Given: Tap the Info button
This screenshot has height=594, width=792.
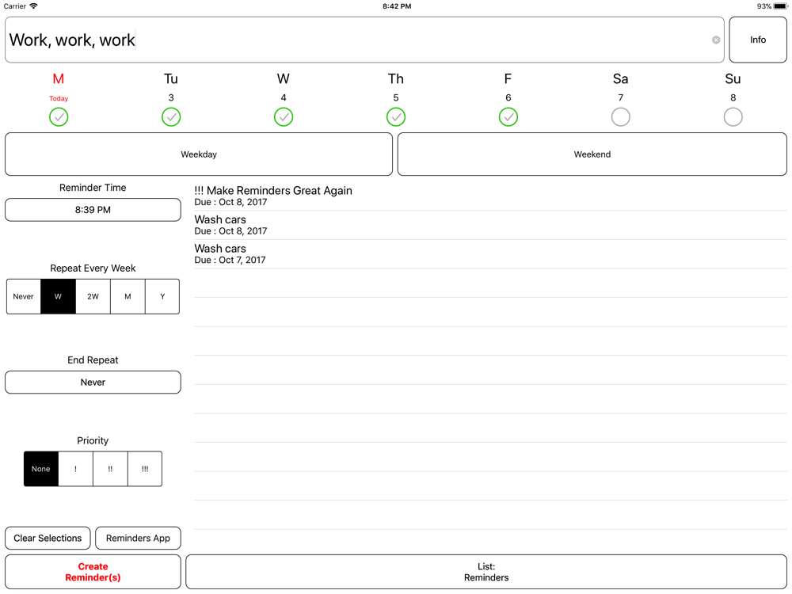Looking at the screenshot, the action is click(x=758, y=40).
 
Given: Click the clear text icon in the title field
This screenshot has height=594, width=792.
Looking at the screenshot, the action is click(x=716, y=40).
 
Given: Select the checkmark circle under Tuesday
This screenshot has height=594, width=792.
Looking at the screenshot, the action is click(x=171, y=117).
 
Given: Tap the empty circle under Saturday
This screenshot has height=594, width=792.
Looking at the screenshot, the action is click(x=621, y=117).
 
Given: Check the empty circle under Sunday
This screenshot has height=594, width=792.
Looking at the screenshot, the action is click(x=733, y=117).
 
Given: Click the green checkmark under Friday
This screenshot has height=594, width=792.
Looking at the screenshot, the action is click(x=508, y=117).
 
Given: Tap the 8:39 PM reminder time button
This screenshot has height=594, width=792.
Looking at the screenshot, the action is click(x=93, y=210).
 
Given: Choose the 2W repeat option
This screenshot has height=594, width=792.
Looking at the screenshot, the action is click(x=93, y=296).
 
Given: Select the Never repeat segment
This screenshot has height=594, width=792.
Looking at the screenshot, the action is click(x=24, y=296).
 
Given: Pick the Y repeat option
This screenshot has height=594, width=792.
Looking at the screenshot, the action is click(x=162, y=296).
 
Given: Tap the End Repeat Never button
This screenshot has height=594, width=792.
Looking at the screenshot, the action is click(x=93, y=383).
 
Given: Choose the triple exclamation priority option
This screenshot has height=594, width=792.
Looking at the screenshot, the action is click(x=145, y=469).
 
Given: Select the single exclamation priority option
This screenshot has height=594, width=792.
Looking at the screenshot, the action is click(x=76, y=469).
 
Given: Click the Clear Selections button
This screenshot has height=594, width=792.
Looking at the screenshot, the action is click(x=48, y=538).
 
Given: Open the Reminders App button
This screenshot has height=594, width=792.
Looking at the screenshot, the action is click(x=138, y=538).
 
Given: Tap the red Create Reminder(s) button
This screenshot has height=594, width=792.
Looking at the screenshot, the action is click(x=93, y=572).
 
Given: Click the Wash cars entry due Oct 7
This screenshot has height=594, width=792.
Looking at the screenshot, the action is click(x=230, y=254).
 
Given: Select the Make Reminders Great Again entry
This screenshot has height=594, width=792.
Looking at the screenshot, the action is click(x=273, y=196).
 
